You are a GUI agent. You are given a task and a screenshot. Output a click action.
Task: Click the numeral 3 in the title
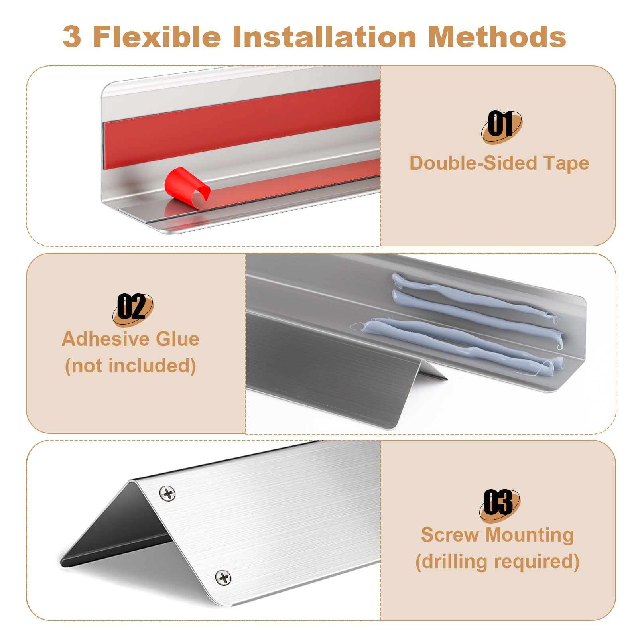pos(72,37)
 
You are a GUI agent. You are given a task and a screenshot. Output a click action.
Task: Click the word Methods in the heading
pos(497,36)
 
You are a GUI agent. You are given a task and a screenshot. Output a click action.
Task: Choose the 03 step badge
pos(500,504)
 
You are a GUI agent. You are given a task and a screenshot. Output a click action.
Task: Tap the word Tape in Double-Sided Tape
pos(566,163)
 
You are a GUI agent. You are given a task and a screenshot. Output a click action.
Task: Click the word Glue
pos(177,339)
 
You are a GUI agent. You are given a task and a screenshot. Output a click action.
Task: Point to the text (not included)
pos(130,366)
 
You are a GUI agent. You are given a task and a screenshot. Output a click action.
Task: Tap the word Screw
pos(450,535)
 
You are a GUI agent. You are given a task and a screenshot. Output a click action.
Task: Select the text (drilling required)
pos(497,562)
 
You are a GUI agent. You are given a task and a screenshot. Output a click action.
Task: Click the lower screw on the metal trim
pos(223,577)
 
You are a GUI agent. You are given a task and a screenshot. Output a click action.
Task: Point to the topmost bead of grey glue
pos(475,297)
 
